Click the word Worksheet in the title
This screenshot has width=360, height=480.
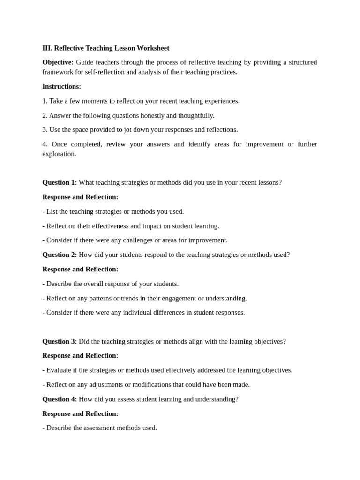click(153, 48)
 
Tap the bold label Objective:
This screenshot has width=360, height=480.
click(58, 62)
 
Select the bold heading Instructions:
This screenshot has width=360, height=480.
click(61, 87)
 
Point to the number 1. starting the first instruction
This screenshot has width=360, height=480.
click(45, 101)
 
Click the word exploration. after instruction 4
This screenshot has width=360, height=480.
click(59, 154)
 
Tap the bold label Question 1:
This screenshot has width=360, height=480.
click(60, 183)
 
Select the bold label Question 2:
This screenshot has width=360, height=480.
click(60, 255)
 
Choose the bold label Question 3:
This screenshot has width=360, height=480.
click(60, 342)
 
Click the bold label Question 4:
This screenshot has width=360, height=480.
click(60, 399)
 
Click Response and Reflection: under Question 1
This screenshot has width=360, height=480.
click(80, 197)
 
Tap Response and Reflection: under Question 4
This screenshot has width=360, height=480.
click(80, 414)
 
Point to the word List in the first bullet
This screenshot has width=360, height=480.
click(52, 212)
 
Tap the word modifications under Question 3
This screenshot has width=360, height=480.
click(175, 385)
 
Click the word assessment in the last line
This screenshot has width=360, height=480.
click(91, 428)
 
